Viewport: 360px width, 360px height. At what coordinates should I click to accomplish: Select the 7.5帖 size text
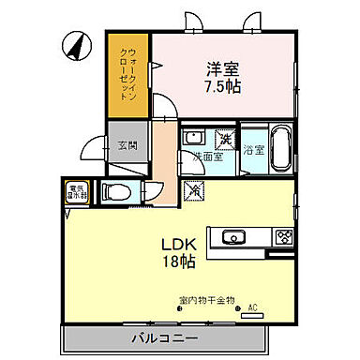tap(223, 85)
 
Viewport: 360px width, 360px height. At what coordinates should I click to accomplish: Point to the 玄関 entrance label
tap(127, 145)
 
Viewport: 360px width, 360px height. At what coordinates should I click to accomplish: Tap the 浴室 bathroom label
tap(253, 149)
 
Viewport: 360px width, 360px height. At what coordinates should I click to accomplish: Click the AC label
tap(251, 307)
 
